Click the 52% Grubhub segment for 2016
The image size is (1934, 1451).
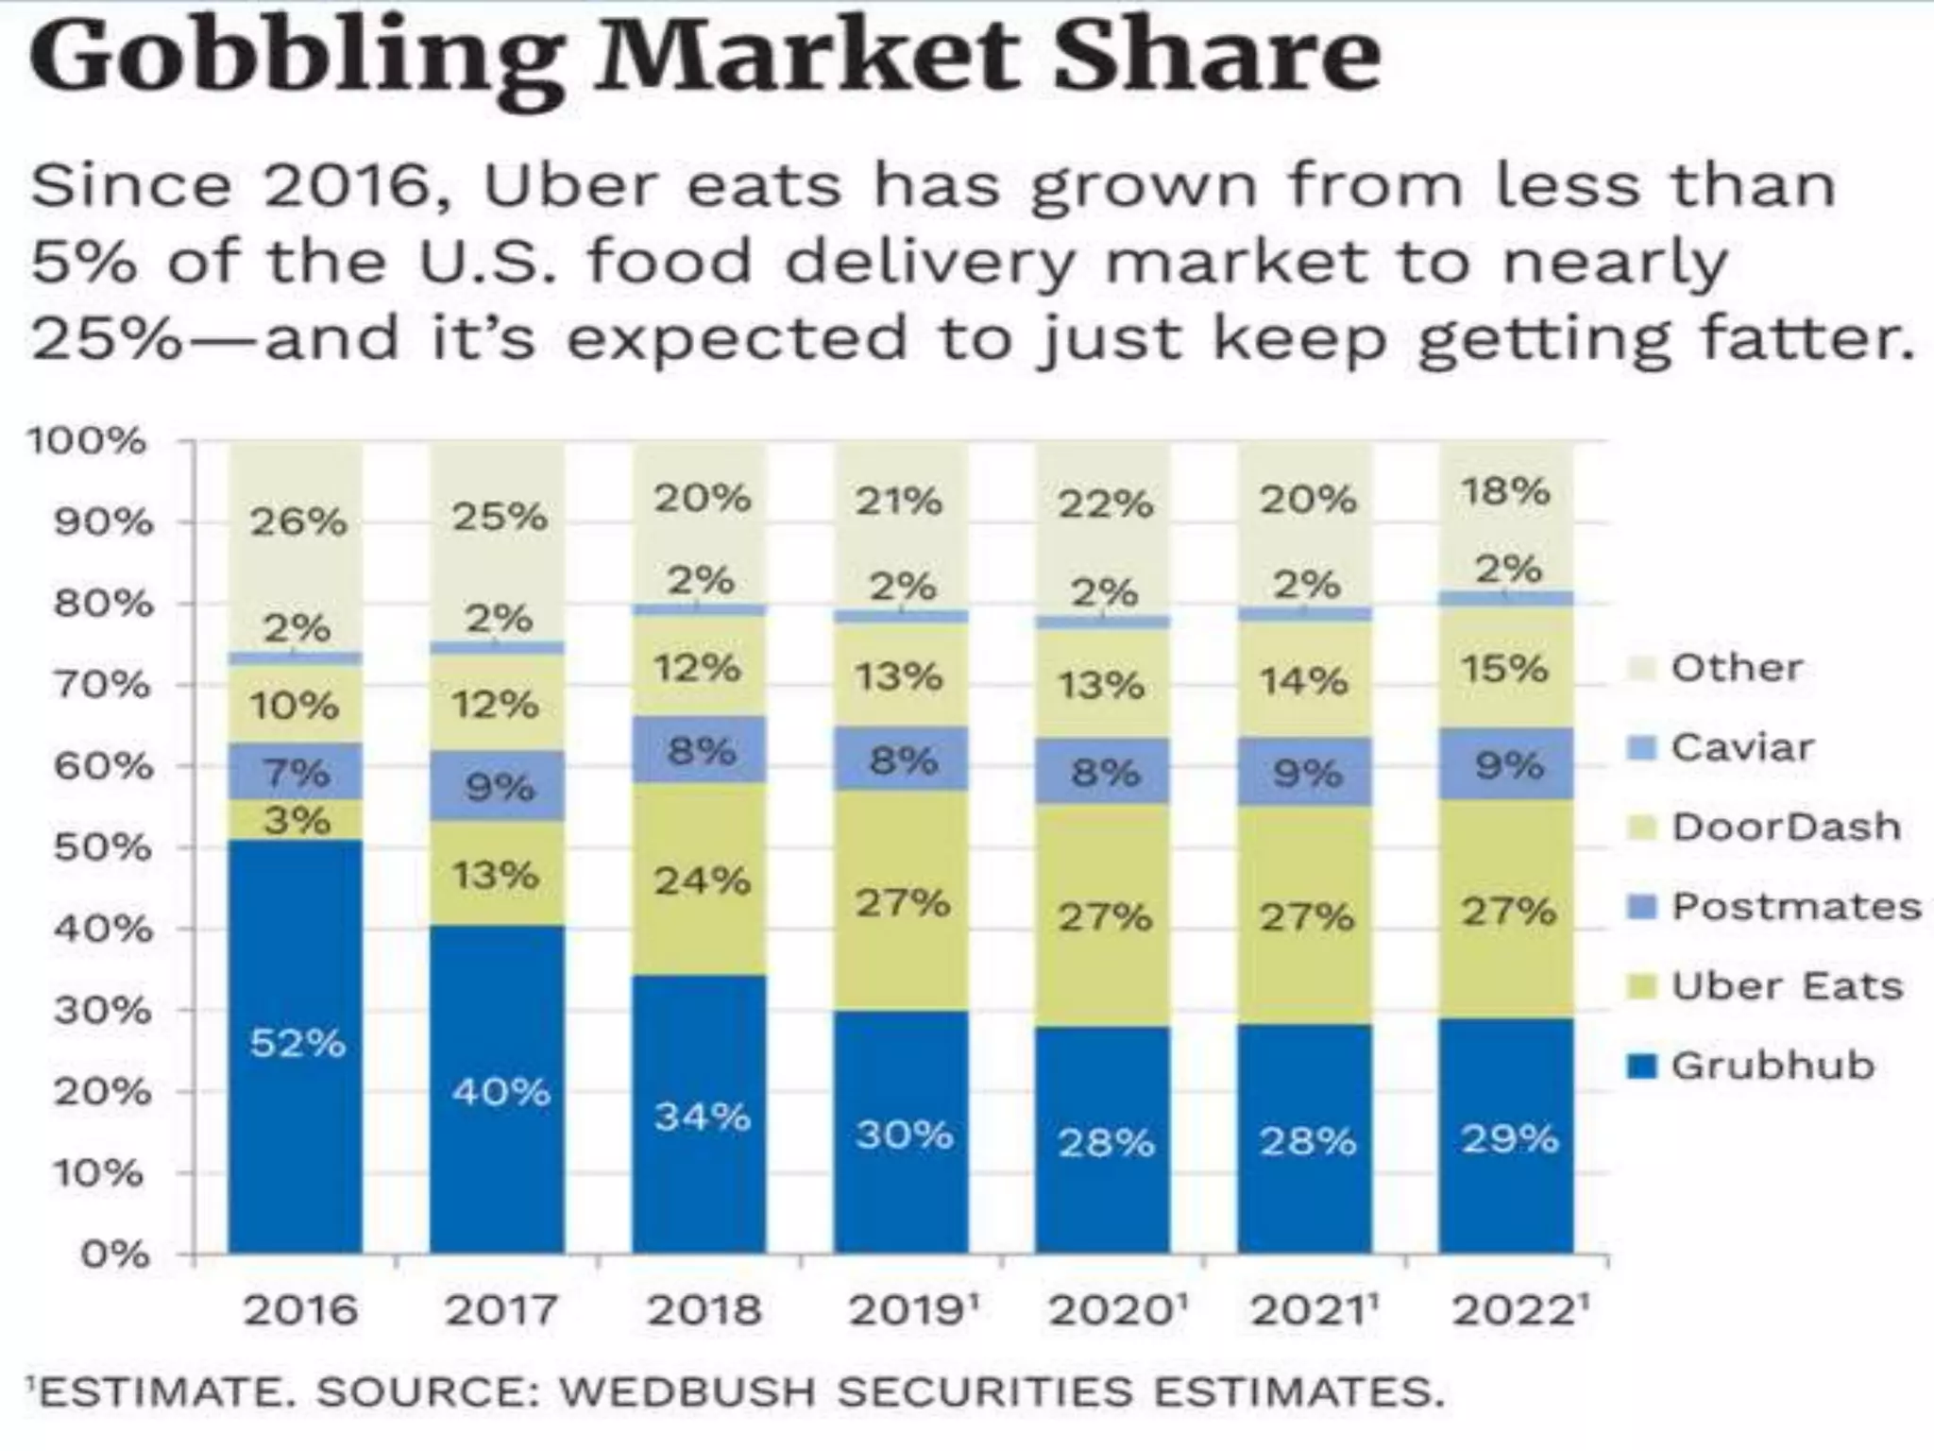pyautogui.click(x=297, y=1044)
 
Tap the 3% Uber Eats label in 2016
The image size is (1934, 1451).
pyautogui.click(x=297, y=820)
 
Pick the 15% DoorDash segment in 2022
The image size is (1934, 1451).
pyautogui.click(x=1506, y=669)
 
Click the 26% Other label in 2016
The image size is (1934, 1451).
pyautogui.click(x=298, y=521)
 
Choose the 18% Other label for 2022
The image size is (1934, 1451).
pyautogui.click(x=1506, y=491)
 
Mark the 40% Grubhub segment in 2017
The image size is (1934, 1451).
pyautogui.click(x=499, y=1091)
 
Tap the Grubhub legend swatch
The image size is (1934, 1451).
pyautogui.click(x=1644, y=1066)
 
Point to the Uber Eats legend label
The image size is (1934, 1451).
pyautogui.click(x=1787, y=985)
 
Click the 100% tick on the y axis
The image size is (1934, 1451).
pyautogui.click(x=87, y=441)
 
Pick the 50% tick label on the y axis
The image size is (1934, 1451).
pyautogui.click(x=101, y=847)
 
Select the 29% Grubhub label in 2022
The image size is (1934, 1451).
pyautogui.click(x=1509, y=1138)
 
